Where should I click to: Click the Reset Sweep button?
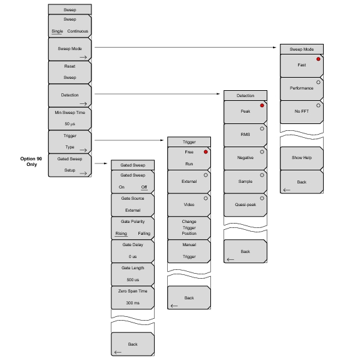click(x=69, y=72)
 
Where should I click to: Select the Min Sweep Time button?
click(x=69, y=118)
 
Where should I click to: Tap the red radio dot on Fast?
click(x=318, y=59)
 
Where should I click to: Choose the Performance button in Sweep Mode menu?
click(x=302, y=89)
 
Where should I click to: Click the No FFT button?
click(x=302, y=112)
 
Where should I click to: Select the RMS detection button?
click(x=245, y=135)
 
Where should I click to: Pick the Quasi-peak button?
click(x=245, y=205)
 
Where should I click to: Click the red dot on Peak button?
click(x=262, y=105)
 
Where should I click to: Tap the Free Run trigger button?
click(x=189, y=158)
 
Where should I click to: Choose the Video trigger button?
click(x=189, y=205)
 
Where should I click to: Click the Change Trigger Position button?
click(x=189, y=228)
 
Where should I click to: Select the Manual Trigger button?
click(x=189, y=251)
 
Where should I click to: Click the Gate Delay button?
click(x=133, y=251)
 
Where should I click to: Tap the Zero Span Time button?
click(x=133, y=297)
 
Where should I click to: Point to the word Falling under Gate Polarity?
click(x=144, y=234)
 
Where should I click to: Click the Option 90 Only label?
click(x=31, y=162)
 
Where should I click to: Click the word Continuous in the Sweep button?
click(x=78, y=31)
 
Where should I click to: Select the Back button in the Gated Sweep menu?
click(x=133, y=344)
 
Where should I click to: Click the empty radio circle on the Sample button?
click(x=262, y=175)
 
